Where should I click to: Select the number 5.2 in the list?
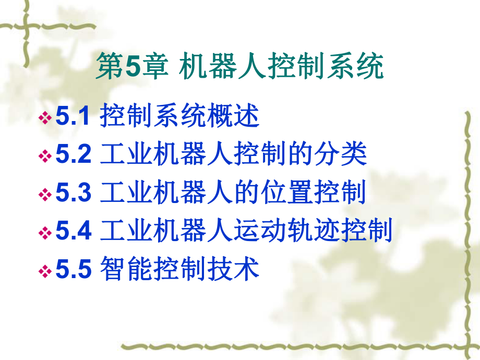point(74,155)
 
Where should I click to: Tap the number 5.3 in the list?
point(74,194)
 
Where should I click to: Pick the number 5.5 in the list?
point(74,270)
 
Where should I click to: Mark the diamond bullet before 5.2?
point(45,157)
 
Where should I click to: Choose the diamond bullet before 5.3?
point(45,195)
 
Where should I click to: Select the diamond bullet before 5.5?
point(45,272)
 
